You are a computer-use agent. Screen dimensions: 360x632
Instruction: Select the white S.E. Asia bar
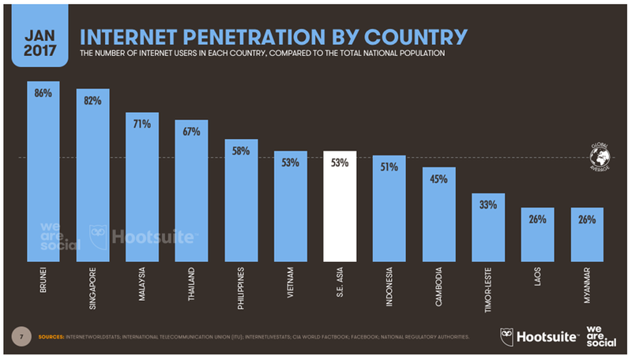[340, 206]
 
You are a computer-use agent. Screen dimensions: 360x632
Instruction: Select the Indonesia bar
[389, 208]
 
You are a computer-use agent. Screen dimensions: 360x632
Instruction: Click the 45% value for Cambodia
[438, 179]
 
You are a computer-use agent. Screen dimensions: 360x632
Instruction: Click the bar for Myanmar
[586, 234]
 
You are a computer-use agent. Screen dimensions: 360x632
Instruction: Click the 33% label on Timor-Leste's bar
[487, 204]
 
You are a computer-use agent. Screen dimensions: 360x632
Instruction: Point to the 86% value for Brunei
[43, 92]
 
